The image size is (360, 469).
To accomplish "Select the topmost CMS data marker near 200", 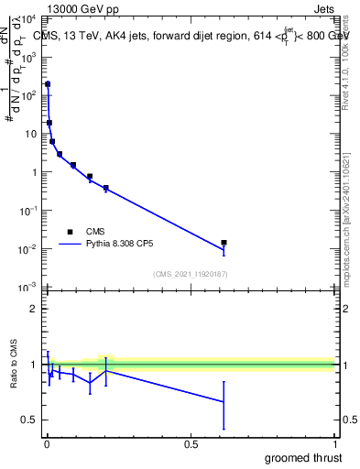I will [x=48, y=84].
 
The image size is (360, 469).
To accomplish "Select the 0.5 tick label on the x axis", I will [x=191, y=444].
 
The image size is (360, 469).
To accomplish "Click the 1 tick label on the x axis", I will [x=334, y=444].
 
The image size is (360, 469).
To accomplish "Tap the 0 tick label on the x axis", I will [x=47, y=444].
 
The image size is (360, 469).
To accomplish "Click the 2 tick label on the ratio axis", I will [x=34, y=309].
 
